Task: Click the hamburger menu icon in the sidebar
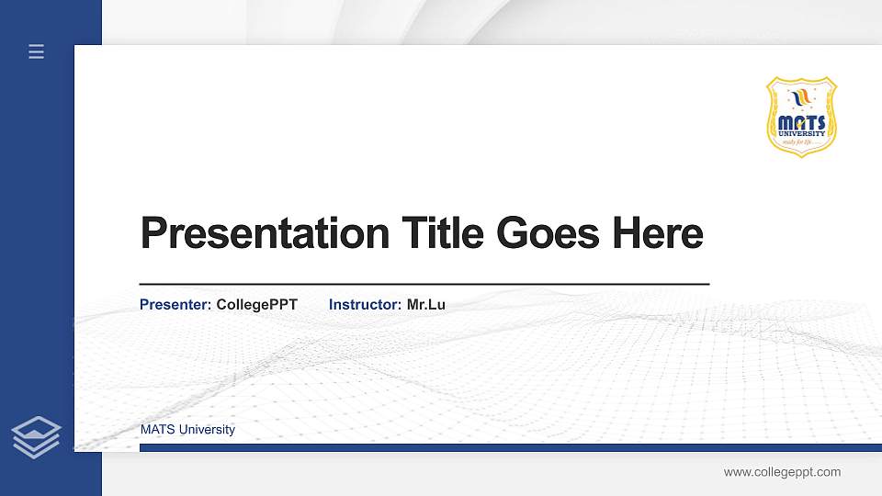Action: (37, 51)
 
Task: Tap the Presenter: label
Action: (175, 304)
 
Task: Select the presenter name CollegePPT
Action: (257, 304)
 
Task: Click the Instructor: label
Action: (365, 304)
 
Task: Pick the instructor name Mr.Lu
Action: (426, 304)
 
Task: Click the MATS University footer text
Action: (187, 430)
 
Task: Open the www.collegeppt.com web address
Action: (782, 472)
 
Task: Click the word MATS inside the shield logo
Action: (801, 122)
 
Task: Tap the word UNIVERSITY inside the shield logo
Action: (801, 133)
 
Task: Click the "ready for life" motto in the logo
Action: (796, 141)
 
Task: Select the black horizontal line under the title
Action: (424, 285)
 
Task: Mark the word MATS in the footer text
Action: (155, 430)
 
